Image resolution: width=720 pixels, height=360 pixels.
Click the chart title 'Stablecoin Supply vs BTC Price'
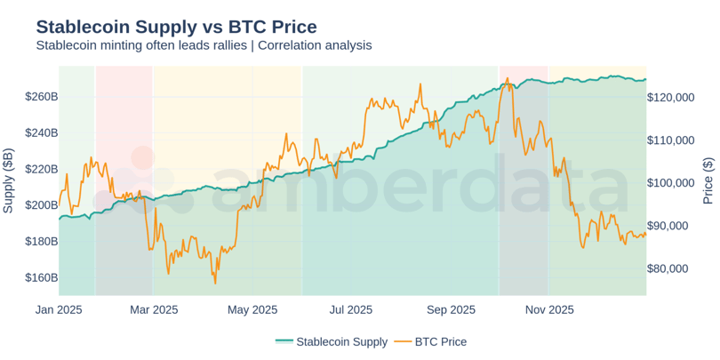click(x=176, y=26)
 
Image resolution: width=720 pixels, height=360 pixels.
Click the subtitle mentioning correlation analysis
click(x=204, y=45)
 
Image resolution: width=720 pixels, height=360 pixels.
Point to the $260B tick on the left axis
click(x=42, y=96)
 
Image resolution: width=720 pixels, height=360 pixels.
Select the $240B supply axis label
click(x=42, y=132)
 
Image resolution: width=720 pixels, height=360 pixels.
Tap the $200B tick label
click(x=42, y=205)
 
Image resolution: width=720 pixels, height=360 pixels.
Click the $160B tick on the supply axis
click(x=42, y=277)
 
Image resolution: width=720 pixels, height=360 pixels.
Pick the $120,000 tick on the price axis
click(x=675, y=98)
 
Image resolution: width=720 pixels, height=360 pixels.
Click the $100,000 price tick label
click(x=675, y=183)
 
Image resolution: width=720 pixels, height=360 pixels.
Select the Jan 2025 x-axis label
click(x=59, y=310)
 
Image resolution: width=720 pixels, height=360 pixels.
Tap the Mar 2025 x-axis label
click(x=154, y=310)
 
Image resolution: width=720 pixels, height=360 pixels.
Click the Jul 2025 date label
click(x=350, y=310)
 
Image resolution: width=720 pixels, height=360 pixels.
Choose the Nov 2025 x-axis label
click(x=548, y=310)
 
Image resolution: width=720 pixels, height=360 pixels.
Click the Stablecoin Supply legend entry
click(x=331, y=341)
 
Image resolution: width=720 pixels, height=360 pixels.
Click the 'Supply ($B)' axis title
click(x=9, y=181)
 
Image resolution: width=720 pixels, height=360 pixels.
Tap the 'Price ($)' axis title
click(x=708, y=181)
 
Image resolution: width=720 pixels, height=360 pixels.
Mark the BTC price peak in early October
click(x=507, y=78)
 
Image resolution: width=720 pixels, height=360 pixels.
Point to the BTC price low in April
click(x=215, y=283)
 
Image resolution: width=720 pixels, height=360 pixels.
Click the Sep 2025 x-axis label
click(x=451, y=310)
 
